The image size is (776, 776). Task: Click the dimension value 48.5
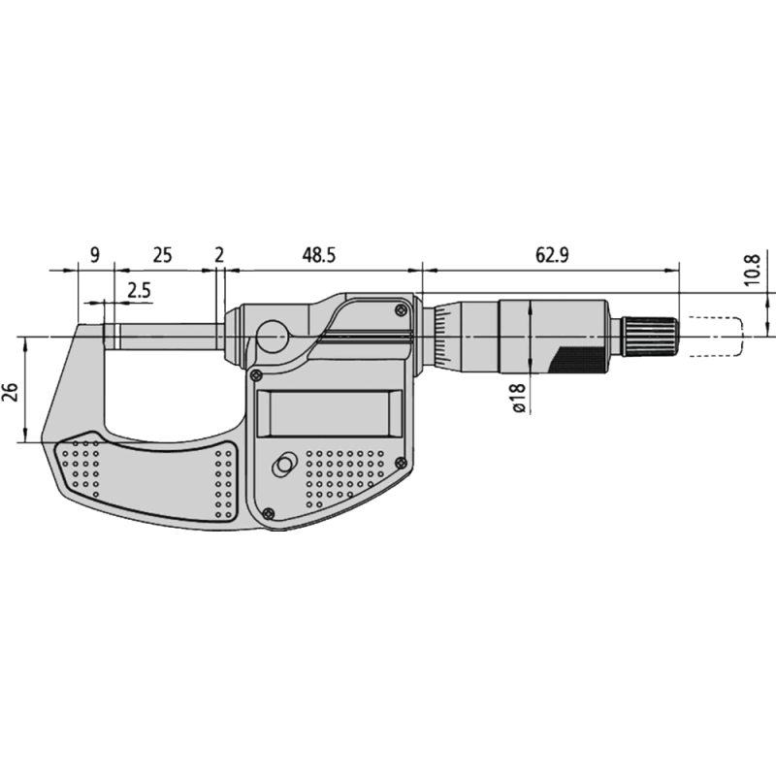click(318, 255)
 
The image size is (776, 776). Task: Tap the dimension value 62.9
click(550, 255)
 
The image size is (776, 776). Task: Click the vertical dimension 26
click(10, 392)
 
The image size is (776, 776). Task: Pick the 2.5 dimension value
click(139, 290)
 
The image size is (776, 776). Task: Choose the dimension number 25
click(162, 255)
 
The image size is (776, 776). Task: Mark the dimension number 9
click(94, 255)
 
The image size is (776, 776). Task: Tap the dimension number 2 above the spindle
click(219, 255)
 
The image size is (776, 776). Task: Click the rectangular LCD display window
click(329, 412)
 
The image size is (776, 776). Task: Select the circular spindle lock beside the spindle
click(273, 339)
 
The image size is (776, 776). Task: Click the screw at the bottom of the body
click(269, 514)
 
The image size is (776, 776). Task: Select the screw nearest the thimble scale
click(401, 309)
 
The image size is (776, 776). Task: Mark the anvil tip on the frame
click(111, 335)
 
